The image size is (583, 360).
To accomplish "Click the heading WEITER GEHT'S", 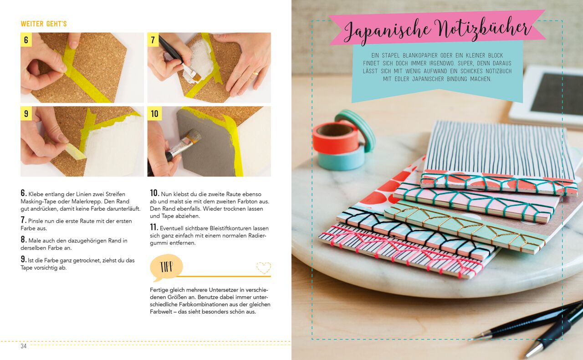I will coord(44,24).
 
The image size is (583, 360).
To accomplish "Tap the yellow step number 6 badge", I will coord(26,40).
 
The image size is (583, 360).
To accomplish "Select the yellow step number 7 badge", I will coord(153,40).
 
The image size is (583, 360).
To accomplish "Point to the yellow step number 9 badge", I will coord(26,113).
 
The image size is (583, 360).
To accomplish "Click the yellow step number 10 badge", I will coord(154,113).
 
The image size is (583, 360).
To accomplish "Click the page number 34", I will coord(24,346).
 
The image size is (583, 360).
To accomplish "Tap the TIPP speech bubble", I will coord(166,267).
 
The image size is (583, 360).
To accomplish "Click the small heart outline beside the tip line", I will coord(263,268).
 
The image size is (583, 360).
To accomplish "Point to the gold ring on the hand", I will coord(255,72).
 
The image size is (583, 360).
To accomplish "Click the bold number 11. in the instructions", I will coord(154,228).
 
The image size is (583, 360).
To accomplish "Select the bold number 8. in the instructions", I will coord(24,240).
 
